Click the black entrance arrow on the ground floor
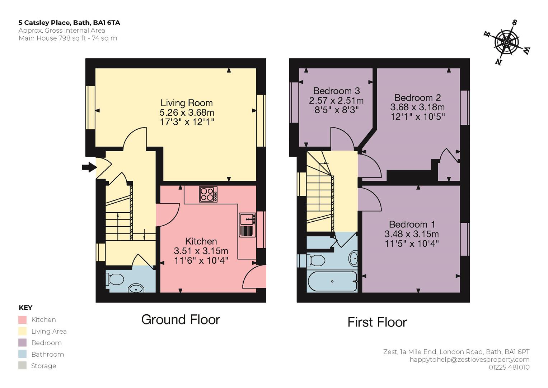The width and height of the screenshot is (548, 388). (x=89, y=167)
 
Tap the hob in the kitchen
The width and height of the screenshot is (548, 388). (x=208, y=194)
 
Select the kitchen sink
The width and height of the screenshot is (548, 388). (x=248, y=225)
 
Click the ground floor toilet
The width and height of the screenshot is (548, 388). (x=115, y=279)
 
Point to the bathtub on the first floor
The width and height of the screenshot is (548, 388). (x=332, y=281)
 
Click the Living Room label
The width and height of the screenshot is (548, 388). (x=186, y=103)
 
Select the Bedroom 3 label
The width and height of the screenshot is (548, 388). (x=336, y=91)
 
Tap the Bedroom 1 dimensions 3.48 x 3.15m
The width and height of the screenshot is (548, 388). (x=412, y=234)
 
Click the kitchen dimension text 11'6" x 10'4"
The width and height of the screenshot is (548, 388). (x=201, y=260)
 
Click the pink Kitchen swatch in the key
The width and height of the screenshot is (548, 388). (x=22, y=320)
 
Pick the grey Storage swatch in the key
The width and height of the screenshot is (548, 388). (x=22, y=366)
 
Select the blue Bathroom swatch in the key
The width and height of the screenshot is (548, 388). (x=22, y=354)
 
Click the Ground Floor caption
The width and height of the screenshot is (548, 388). (x=181, y=320)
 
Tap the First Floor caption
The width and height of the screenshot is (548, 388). (x=377, y=322)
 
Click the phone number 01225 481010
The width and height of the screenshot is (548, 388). (x=509, y=367)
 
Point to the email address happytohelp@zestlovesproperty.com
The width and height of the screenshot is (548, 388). (x=469, y=360)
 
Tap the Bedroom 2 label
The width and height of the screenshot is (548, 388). (x=417, y=98)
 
